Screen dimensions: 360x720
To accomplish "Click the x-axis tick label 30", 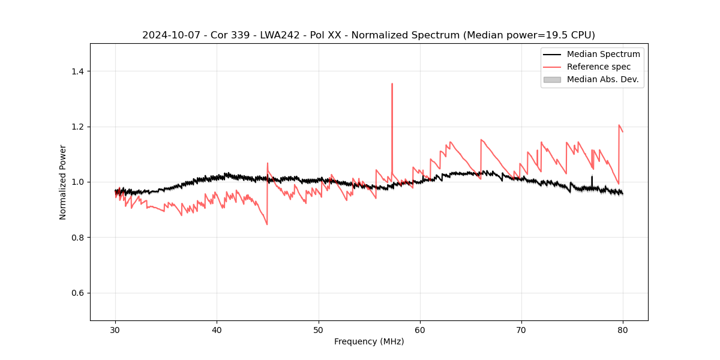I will (x=115, y=330).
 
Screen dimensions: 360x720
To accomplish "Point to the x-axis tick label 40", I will (x=217, y=330).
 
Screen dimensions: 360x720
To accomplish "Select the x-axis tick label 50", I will (x=319, y=330).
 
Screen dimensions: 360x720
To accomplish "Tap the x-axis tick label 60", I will (x=420, y=330).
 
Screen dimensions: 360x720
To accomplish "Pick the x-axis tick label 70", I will (x=521, y=330).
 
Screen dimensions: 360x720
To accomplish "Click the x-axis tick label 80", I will (x=623, y=330).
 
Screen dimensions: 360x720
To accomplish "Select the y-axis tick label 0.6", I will (x=77, y=293).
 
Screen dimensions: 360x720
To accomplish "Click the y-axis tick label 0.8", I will (x=77, y=238).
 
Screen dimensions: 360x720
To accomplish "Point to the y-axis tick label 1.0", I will (x=77, y=182).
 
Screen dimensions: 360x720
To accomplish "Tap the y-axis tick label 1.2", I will (x=77, y=127).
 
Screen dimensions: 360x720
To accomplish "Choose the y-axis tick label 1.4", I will (x=77, y=71).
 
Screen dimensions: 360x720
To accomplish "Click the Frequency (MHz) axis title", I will (x=369, y=341).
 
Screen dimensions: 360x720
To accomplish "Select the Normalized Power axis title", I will (x=63, y=182).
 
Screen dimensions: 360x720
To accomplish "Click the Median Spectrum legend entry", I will (x=603, y=54).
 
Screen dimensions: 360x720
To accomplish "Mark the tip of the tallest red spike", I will (x=392, y=84).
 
